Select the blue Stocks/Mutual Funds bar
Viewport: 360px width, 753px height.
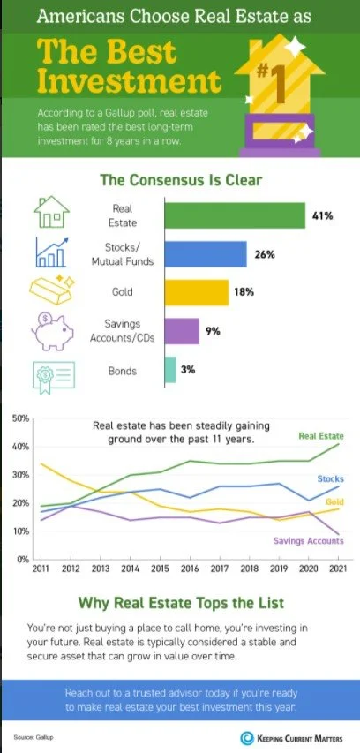click(205, 254)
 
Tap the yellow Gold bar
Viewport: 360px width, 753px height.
click(196, 292)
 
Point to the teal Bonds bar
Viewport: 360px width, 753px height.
click(169, 370)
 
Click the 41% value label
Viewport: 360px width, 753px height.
click(321, 215)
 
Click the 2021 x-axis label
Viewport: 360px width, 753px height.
click(335, 570)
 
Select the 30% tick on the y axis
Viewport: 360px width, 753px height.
click(19, 474)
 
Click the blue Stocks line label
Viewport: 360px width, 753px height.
click(330, 478)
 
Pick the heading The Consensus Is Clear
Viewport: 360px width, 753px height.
click(180, 180)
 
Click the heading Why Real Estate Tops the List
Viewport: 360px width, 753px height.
click(180, 604)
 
